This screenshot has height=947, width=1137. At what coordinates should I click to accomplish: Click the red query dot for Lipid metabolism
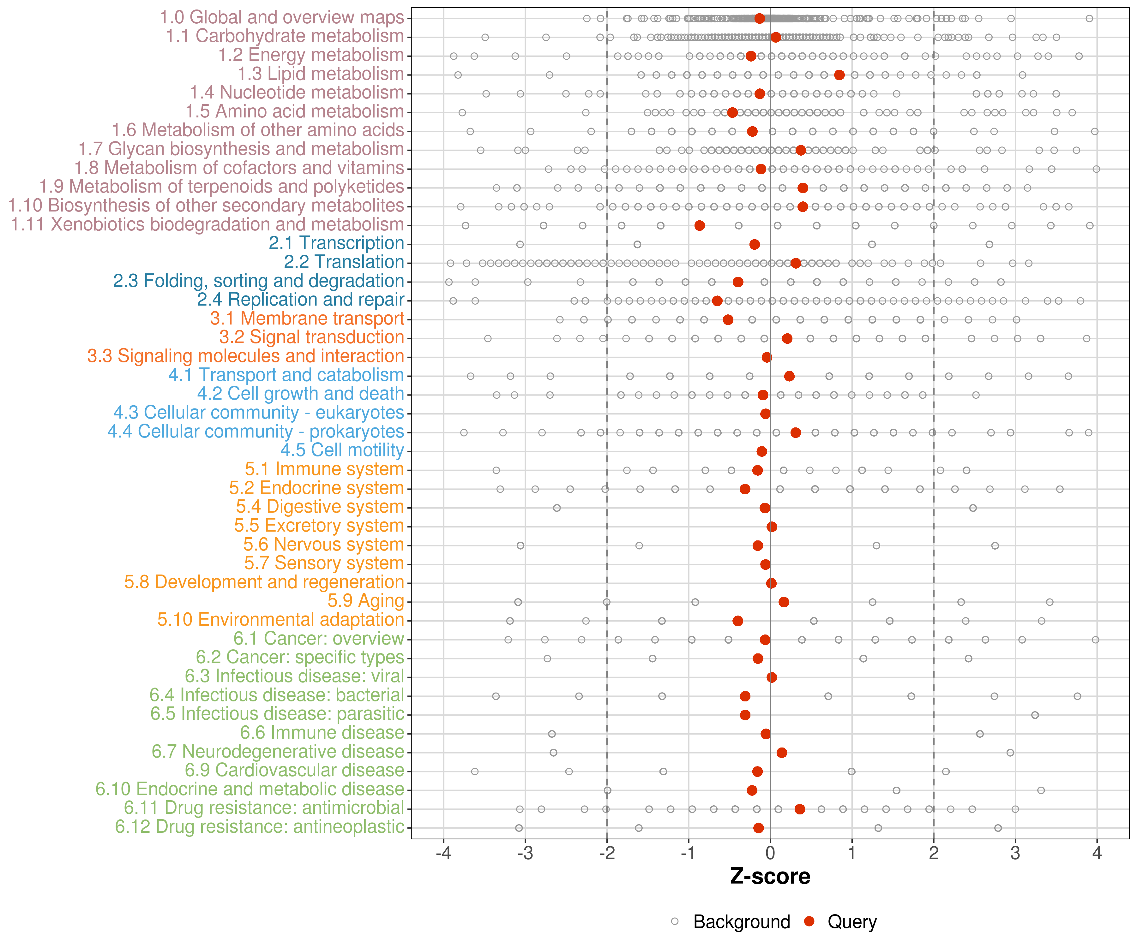tap(839, 75)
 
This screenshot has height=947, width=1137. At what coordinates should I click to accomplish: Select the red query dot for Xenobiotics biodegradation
tap(700, 225)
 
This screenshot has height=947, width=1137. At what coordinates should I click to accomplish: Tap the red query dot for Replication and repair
tap(717, 301)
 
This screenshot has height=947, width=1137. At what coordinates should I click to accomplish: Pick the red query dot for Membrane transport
tap(728, 320)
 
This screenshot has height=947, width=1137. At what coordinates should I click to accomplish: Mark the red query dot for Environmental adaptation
tap(737, 621)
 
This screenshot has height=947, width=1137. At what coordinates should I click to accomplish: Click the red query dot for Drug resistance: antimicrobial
tap(800, 809)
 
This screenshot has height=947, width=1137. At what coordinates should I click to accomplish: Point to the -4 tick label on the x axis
tap(443, 853)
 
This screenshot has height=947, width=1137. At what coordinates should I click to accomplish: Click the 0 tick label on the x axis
tap(770, 853)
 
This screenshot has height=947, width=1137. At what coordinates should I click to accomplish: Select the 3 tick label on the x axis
tap(1015, 853)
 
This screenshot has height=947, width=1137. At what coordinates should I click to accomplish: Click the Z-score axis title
tap(770, 876)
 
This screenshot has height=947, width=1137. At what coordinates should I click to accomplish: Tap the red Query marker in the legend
tap(809, 921)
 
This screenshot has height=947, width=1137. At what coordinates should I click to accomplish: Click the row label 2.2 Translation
tap(344, 262)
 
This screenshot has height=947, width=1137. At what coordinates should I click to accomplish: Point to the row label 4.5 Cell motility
tap(342, 450)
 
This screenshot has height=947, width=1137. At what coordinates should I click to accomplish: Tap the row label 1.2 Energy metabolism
tap(311, 55)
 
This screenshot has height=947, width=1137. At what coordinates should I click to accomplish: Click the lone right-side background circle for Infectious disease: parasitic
tap(1035, 715)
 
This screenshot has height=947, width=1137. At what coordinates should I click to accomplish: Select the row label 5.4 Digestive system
tap(320, 507)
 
